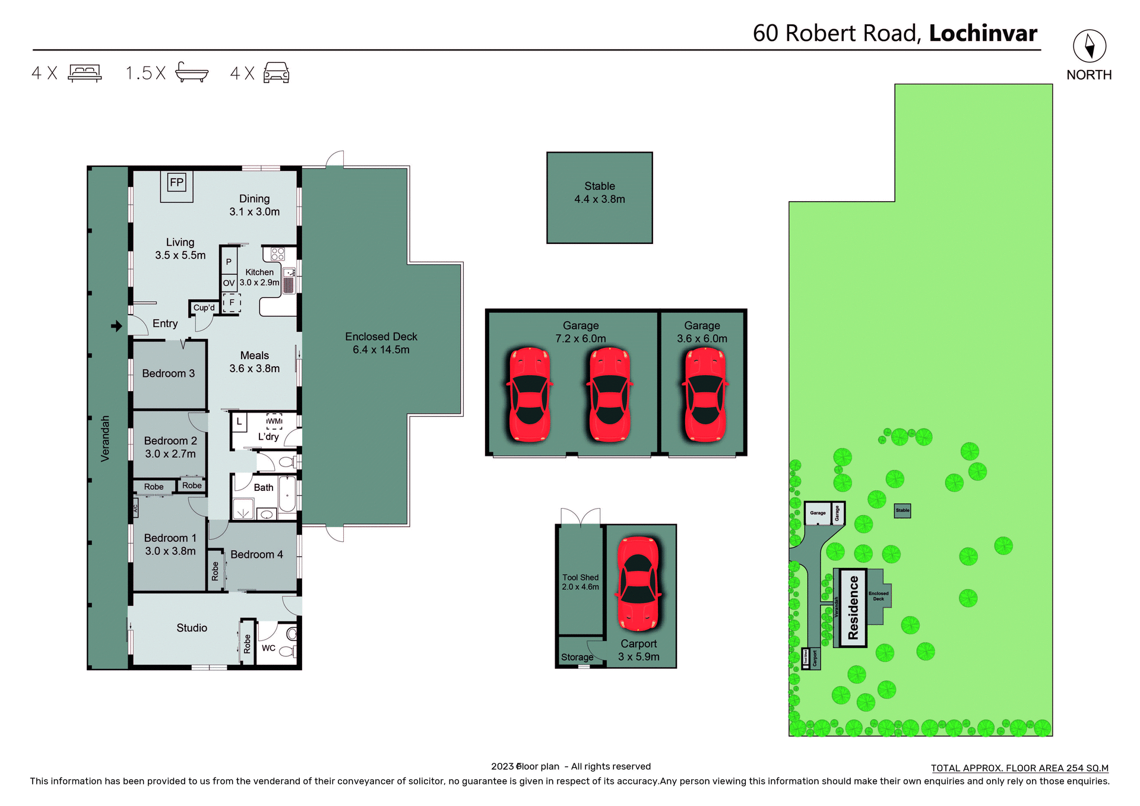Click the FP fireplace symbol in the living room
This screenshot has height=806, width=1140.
(x=176, y=182)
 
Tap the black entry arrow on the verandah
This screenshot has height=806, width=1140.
(x=116, y=326)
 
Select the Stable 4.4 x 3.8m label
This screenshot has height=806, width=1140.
(x=599, y=193)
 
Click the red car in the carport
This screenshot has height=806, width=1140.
(x=638, y=584)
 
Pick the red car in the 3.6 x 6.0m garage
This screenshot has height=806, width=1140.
(x=705, y=395)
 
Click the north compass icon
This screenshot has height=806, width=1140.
(x=1089, y=46)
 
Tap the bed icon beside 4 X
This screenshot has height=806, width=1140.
(x=85, y=73)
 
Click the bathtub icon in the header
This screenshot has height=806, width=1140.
(x=192, y=72)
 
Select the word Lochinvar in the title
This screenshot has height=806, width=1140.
(x=983, y=33)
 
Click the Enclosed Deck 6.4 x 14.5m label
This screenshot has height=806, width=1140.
(x=381, y=343)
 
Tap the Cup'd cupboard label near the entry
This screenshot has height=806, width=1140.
(x=204, y=307)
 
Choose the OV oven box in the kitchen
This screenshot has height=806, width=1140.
(x=229, y=283)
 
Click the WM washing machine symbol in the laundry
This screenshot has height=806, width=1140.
(x=274, y=421)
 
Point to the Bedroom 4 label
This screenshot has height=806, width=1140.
(x=256, y=554)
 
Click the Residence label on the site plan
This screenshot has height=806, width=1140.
(x=853, y=608)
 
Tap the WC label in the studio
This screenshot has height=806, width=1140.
(x=268, y=648)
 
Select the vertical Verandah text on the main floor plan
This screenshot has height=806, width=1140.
(x=105, y=439)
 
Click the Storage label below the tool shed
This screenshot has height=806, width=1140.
(x=577, y=657)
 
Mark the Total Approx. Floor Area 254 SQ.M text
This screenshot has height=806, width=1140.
(x=1019, y=768)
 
